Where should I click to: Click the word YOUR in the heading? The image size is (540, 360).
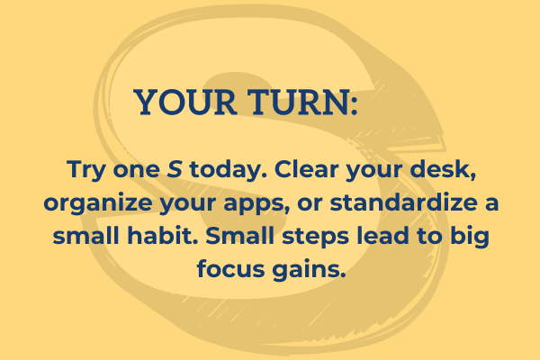[185, 102]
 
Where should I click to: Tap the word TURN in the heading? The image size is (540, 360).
[298, 102]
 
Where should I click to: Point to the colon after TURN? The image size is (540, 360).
[355, 106]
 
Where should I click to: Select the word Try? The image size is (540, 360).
[85, 170]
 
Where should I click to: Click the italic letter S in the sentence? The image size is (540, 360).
[175, 169]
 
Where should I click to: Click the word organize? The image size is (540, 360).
[98, 203]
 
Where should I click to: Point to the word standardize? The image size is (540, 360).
[403, 202]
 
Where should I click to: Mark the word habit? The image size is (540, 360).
[163, 235]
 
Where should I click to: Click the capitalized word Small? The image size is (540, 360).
[240, 235]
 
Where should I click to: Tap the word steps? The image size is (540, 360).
[316, 237]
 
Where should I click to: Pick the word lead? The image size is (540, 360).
[382, 235]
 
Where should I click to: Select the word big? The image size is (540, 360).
[470, 237]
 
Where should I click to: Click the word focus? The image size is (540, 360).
[230, 268]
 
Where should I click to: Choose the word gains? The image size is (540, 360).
[309, 270]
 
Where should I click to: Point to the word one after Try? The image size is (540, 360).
[137, 170]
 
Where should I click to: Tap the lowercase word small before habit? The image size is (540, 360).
[86, 235]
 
